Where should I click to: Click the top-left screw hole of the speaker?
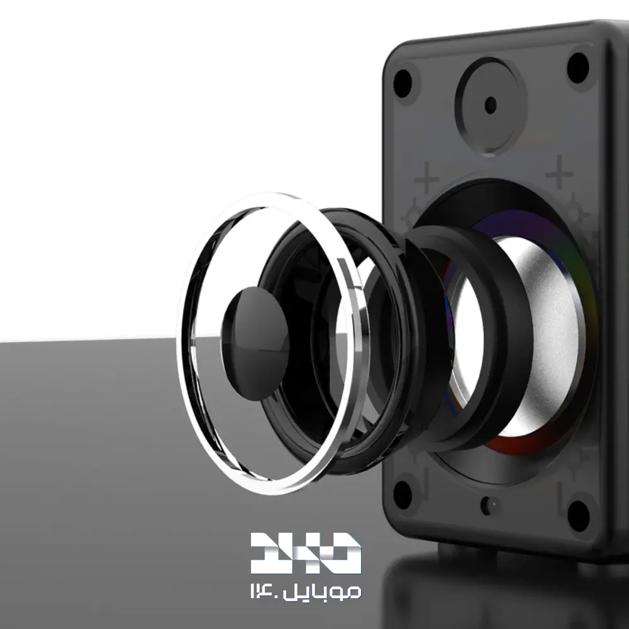point(403,84)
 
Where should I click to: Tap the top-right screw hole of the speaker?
point(578,67)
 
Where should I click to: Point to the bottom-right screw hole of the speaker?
point(579,515)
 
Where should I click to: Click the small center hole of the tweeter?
point(491,106)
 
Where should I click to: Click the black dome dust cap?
point(255,343)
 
